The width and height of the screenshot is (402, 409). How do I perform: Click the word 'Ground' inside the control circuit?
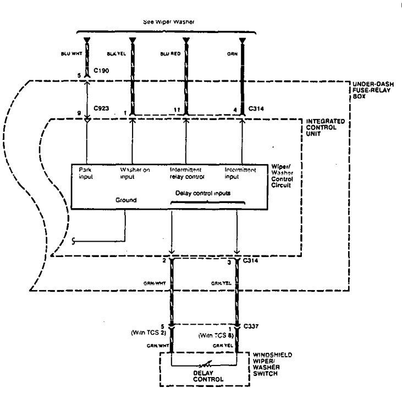click(x=125, y=200)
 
